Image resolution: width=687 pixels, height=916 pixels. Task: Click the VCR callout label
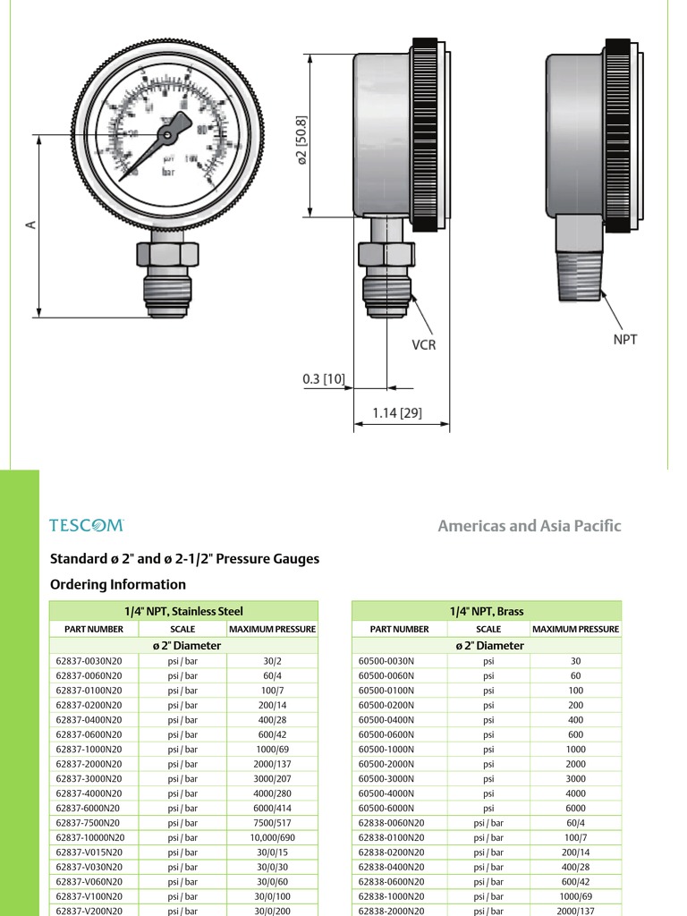[423, 345]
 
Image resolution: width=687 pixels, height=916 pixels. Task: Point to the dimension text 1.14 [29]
[397, 413]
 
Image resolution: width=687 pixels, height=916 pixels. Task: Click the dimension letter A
[30, 225]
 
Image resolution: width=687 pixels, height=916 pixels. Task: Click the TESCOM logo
[86, 526]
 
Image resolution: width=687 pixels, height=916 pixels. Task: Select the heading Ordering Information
[118, 584]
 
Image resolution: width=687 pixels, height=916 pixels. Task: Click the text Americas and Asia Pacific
[529, 526]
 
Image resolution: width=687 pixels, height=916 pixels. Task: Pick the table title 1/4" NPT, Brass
[487, 611]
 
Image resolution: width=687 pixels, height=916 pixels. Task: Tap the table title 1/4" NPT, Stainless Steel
[183, 611]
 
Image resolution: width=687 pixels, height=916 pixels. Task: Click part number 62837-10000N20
[90, 837]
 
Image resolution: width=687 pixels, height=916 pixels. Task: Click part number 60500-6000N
[387, 808]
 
